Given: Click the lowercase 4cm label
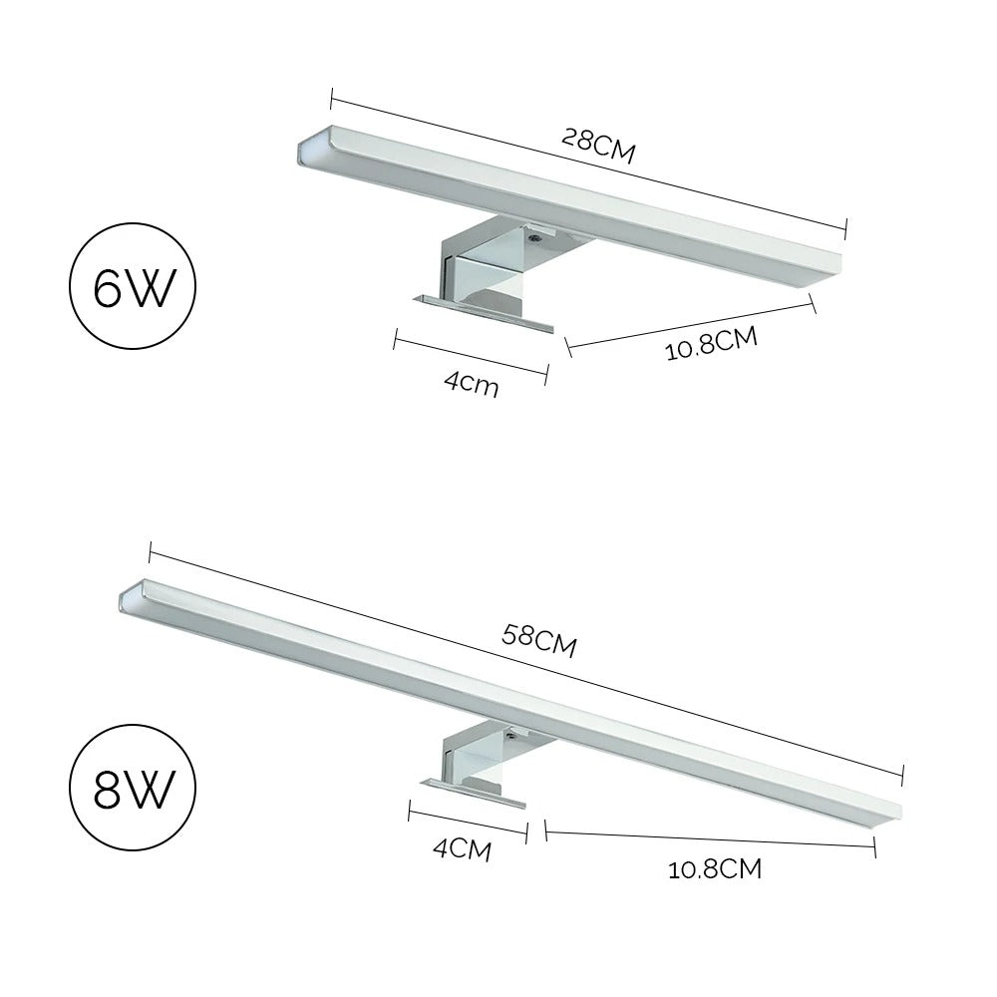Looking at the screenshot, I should (472, 383).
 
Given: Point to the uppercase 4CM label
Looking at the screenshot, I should (462, 849).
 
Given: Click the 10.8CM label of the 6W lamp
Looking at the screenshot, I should (712, 344).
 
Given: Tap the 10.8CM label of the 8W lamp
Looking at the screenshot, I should (715, 869).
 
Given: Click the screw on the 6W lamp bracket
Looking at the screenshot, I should (535, 238).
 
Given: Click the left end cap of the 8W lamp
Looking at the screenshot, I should (128, 599).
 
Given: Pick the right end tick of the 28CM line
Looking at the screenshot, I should (845, 228).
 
